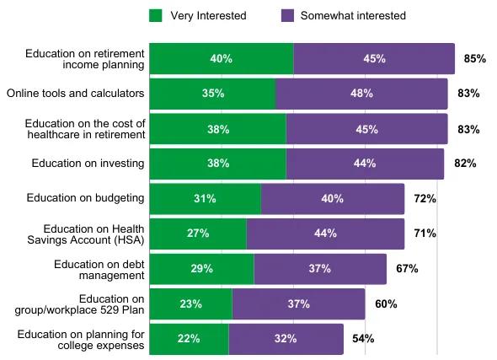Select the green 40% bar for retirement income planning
222,59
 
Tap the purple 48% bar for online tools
361,94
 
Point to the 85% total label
475,59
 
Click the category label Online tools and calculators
75,94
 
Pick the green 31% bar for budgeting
205,199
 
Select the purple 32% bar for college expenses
286,338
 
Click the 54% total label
362,338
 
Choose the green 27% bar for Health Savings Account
198,234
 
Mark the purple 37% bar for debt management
320,268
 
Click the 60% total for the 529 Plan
385,304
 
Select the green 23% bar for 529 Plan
190,304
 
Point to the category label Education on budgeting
86,199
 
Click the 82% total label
465,164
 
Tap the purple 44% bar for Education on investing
365,164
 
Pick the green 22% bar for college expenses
189,338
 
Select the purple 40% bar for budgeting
333,199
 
